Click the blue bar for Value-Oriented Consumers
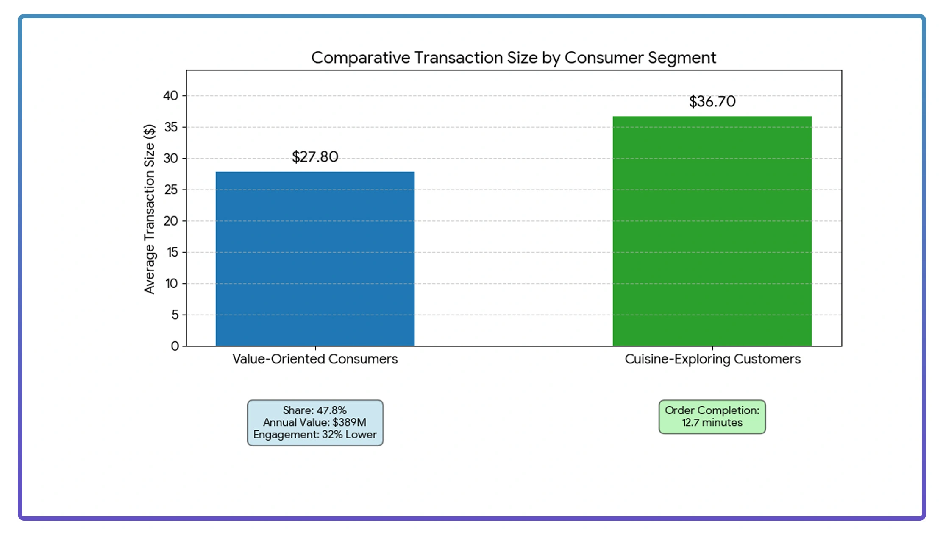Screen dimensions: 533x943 click(315, 259)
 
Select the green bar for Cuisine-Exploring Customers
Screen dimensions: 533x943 click(712, 231)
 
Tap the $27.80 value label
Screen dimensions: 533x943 click(315, 157)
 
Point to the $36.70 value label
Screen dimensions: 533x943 click(712, 101)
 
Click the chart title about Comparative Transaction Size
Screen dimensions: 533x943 click(513, 58)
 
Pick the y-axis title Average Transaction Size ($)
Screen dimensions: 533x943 click(149, 209)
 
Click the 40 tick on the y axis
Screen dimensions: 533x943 click(170, 96)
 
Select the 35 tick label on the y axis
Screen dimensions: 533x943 click(170, 127)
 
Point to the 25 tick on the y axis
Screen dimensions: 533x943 click(170, 190)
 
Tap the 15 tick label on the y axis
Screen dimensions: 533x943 click(172, 252)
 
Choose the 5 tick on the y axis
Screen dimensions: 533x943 click(175, 315)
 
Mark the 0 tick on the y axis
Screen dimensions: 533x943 click(175, 346)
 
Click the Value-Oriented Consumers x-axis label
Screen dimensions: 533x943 click(315, 359)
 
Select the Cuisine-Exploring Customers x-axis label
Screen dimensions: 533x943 click(712, 359)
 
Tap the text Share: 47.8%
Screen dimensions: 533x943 click(314, 410)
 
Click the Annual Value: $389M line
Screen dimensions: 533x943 click(314, 422)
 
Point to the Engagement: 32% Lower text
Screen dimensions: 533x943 click(315, 435)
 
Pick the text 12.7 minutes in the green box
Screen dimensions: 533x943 click(712, 423)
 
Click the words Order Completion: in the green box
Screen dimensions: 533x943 click(712, 410)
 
